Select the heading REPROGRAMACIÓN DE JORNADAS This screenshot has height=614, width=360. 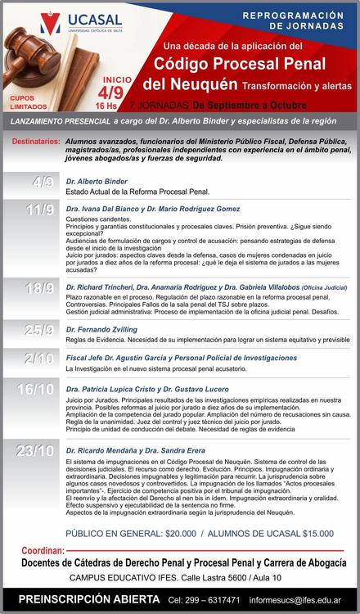click(x=301, y=20)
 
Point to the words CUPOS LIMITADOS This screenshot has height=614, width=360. click(x=27, y=101)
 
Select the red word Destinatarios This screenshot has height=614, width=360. click(x=38, y=142)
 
